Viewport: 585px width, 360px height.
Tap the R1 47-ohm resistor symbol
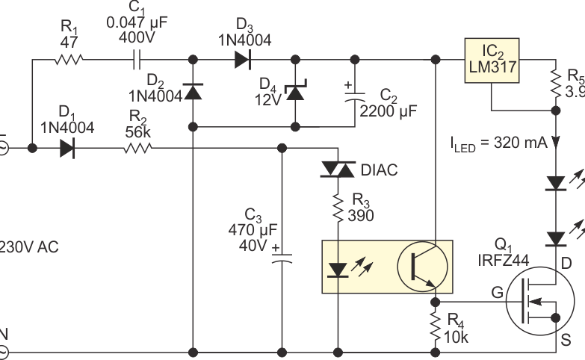(71, 58)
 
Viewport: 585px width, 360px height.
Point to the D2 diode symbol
(194, 92)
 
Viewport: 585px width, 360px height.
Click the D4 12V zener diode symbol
(297, 92)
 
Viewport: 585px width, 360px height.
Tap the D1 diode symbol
(67, 148)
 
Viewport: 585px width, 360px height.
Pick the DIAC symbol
(338, 171)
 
